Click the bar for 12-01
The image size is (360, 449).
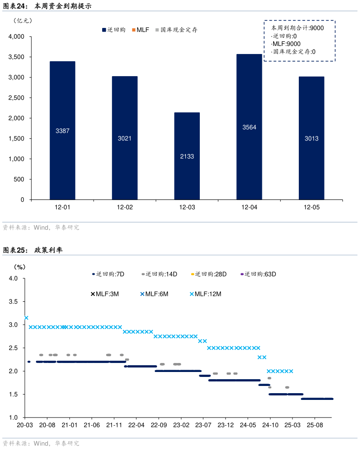[x=63, y=131]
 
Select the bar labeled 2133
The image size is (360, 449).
[x=187, y=156]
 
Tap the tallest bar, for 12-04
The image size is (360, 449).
[x=249, y=127]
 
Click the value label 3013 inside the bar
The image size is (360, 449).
[x=311, y=139]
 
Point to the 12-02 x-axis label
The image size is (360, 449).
[x=125, y=208]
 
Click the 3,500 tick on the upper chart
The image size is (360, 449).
[x=18, y=57]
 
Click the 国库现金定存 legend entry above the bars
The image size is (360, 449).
[x=176, y=30]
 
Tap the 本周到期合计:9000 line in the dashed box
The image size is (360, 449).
[x=297, y=27]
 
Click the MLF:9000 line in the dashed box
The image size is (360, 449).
[x=287, y=44]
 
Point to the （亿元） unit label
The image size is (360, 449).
[x=23, y=21]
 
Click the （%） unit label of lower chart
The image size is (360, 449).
[x=20, y=267]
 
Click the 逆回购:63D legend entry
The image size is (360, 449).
[x=258, y=274]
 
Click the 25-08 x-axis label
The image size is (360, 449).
[x=315, y=425]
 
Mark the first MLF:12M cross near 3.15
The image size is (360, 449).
[x=26, y=318]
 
